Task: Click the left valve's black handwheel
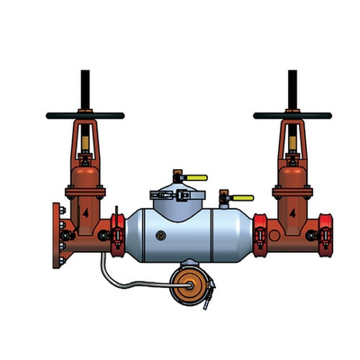(x=85, y=115)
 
